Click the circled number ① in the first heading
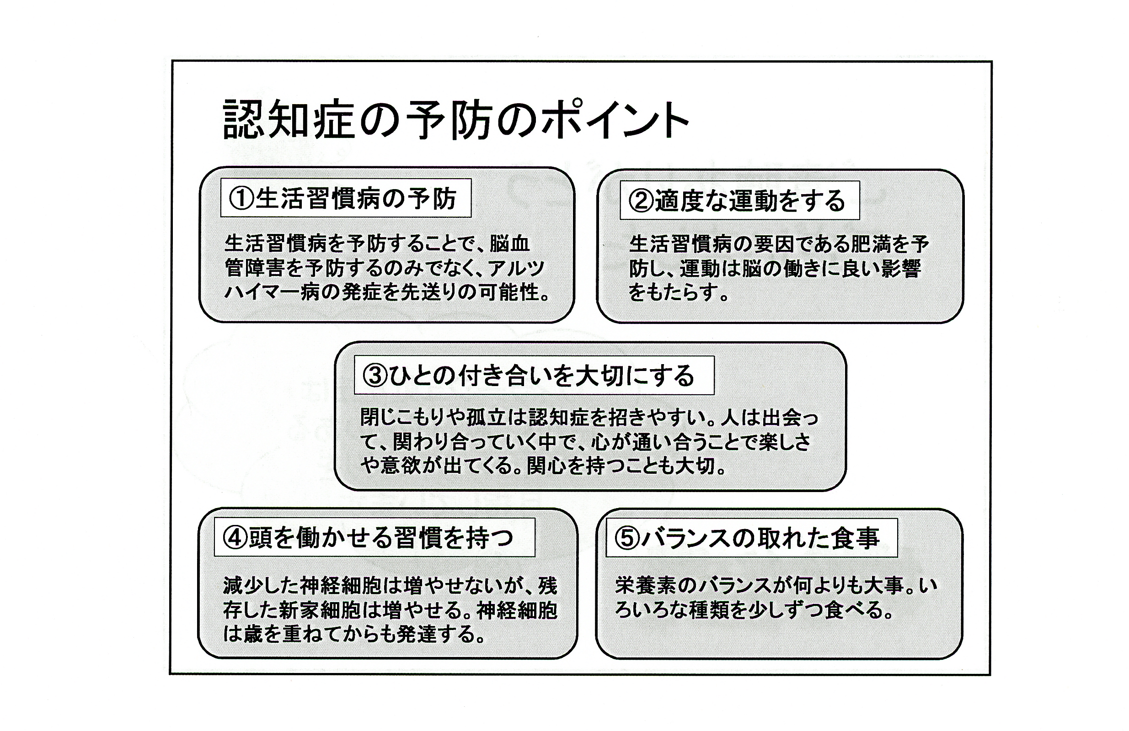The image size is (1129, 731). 242,199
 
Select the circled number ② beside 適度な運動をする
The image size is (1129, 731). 642,201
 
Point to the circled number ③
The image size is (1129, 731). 375,376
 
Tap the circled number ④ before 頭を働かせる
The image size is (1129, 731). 235,538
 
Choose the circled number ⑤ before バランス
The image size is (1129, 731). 627,538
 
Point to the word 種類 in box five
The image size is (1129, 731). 709,610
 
